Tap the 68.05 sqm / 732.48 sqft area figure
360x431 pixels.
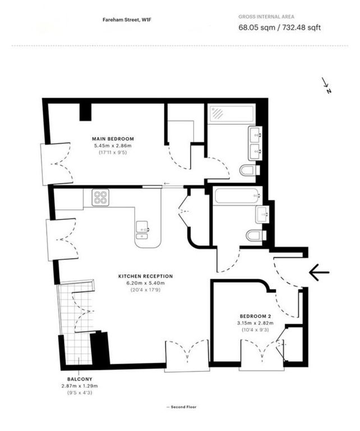[x=280, y=27]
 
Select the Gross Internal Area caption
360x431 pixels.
[x=266, y=17]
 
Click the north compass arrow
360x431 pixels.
[x=326, y=85]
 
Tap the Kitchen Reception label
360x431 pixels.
[x=145, y=276]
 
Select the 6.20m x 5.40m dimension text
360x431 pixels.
[x=145, y=283]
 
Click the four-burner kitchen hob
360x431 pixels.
[x=100, y=197]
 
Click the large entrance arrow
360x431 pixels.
[x=319, y=273]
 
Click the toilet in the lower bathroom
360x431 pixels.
[x=253, y=235]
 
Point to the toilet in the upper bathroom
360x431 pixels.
[x=247, y=169]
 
